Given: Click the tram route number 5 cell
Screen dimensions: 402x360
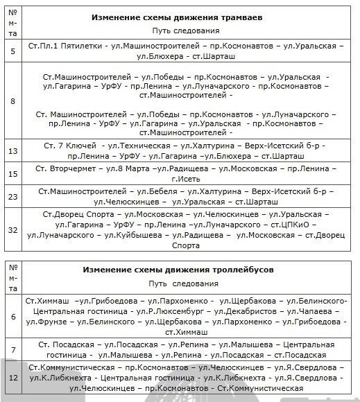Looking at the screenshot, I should coord(13,51).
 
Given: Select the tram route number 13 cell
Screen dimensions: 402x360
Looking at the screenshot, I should coord(13,151).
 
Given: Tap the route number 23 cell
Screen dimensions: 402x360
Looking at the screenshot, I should coord(13,196).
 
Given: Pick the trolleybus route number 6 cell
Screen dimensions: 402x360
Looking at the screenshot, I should coord(13,317).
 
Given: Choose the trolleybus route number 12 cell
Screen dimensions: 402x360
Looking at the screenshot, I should coord(13,378).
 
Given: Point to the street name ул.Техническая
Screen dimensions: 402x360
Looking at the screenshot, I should coord(135,146).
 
